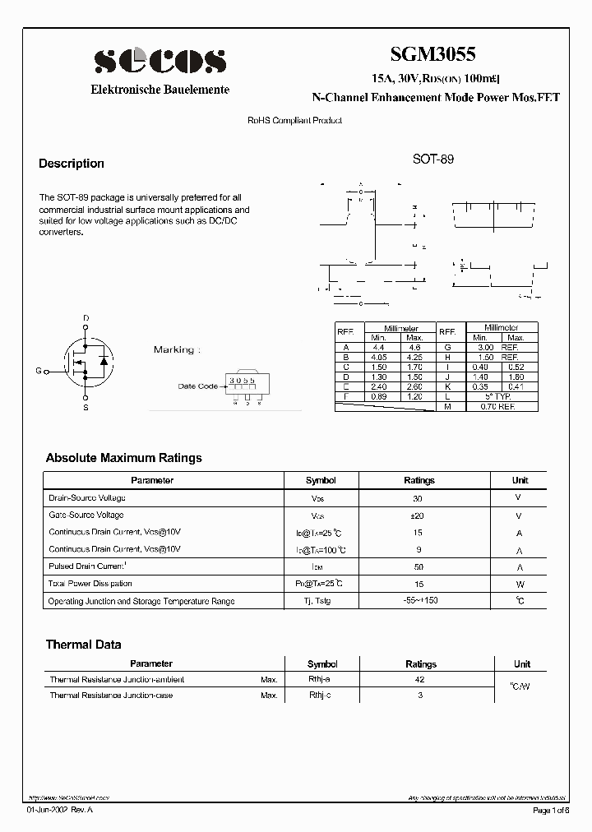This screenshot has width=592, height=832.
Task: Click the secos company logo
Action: point(160,60)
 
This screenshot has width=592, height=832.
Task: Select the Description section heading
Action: point(72,164)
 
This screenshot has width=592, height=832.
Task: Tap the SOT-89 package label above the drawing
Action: point(432,159)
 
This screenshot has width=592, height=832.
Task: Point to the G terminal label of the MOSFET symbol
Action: point(38,371)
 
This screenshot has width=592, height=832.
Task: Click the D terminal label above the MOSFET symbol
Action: point(86,318)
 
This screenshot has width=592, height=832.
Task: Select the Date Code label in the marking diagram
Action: point(198,386)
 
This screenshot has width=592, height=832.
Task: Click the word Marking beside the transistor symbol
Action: point(173,349)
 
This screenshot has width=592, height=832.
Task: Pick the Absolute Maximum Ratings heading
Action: point(123,458)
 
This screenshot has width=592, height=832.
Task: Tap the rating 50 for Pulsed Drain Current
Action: point(419,567)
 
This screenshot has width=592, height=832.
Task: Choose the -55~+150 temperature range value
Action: point(419,601)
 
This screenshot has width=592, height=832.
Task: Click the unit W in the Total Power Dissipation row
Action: point(520,585)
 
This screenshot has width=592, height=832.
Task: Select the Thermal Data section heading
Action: point(83,645)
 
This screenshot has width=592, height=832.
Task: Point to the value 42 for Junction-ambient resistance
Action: point(420,680)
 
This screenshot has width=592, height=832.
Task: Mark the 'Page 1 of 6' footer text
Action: point(555,811)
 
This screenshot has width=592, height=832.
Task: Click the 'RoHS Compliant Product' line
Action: point(295,121)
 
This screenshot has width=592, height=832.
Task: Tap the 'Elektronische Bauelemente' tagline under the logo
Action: point(160,90)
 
